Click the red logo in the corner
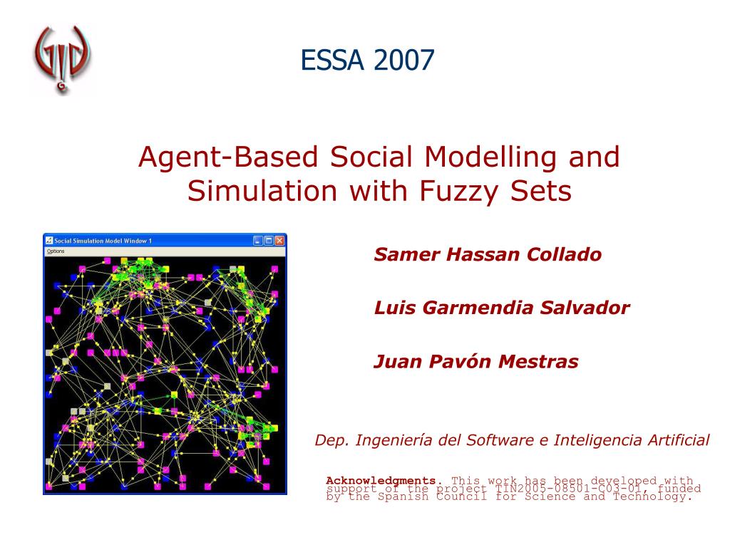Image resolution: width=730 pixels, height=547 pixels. click(63, 60)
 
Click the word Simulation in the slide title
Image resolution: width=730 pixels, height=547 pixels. click(254, 191)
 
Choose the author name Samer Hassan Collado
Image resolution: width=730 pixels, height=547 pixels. click(488, 254)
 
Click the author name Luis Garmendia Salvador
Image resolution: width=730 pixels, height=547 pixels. click(502, 308)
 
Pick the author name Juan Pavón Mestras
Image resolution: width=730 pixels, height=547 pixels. click(475, 362)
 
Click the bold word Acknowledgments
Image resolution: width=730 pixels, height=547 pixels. click(384, 480)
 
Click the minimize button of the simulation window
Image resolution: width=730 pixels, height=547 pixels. click(258, 241)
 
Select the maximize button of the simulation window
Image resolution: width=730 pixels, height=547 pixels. click(269, 241)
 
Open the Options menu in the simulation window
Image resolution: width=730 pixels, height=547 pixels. click(55, 251)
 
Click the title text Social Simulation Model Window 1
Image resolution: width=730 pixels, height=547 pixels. click(103, 241)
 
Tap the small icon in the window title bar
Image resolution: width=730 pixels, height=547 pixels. click(49, 241)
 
